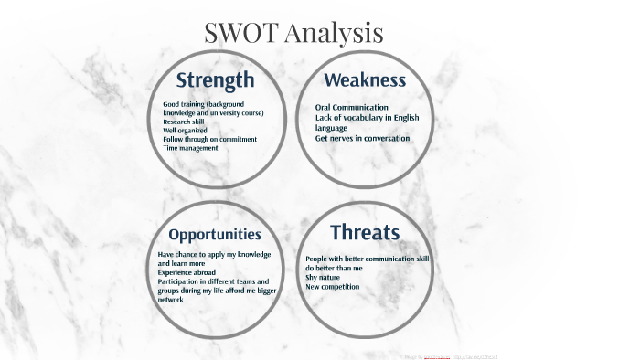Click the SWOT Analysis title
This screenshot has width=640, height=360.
[x=293, y=33]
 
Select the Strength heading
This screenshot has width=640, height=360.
[x=215, y=79]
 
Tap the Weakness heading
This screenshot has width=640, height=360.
[x=365, y=79]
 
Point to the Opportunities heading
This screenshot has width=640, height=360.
[x=215, y=235]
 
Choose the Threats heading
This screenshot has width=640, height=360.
[x=365, y=232]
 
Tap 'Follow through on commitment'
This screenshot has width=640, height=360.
[x=209, y=139]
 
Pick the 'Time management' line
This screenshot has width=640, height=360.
[x=190, y=148]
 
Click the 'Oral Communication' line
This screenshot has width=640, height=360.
[x=352, y=107]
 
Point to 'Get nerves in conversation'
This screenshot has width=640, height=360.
[x=363, y=139]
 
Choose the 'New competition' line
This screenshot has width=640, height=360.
[x=332, y=287]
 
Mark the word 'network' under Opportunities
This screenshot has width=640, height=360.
[x=171, y=299]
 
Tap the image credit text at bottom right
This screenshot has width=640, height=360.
[x=453, y=355]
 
